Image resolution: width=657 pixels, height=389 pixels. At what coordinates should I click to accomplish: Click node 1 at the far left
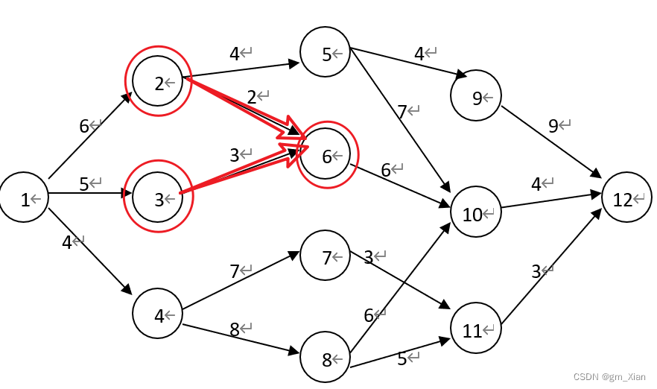point(25,199)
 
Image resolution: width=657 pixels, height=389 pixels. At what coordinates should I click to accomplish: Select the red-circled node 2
point(158,83)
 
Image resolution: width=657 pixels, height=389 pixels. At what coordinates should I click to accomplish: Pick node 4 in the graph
point(158,315)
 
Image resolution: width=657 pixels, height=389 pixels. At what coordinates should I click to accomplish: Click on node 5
point(326,53)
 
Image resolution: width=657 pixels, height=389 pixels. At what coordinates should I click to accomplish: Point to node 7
point(326,257)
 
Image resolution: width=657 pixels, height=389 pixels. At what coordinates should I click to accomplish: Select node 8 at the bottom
point(326,359)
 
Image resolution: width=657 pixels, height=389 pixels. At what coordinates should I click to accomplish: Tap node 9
point(476,96)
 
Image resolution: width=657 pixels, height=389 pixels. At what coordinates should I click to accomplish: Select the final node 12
point(626,199)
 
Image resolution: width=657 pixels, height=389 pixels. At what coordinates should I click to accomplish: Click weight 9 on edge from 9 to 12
point(553,126)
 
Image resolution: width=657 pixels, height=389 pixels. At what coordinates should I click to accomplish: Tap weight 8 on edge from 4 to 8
point(235,329)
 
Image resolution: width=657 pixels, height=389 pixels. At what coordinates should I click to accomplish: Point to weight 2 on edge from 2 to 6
point(252,96)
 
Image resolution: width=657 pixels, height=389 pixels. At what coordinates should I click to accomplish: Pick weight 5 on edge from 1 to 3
point(84,184)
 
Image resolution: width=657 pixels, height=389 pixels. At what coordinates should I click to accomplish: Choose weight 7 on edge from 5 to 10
point(402,112)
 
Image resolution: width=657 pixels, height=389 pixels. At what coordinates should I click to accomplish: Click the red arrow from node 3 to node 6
point(238,175)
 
